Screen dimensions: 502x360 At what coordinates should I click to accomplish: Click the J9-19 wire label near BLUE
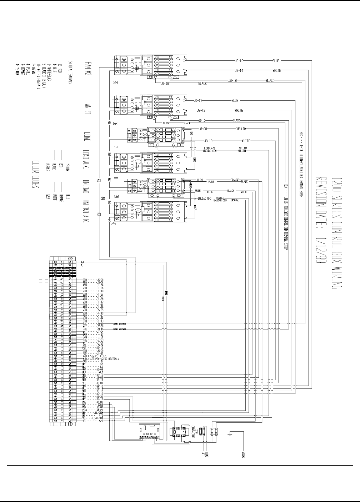(x=239, y=61)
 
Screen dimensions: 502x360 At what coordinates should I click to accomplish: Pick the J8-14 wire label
(x=239, y=70)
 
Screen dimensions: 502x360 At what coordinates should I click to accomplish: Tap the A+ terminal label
(x=82, y=262)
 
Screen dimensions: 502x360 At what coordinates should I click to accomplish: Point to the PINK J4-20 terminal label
(x=93, y=410)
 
